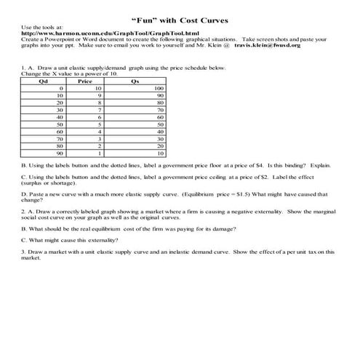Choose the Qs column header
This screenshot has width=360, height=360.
135,80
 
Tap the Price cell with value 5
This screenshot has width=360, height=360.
107,124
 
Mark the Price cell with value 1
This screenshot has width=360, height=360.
107,153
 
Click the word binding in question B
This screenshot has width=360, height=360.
290,165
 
